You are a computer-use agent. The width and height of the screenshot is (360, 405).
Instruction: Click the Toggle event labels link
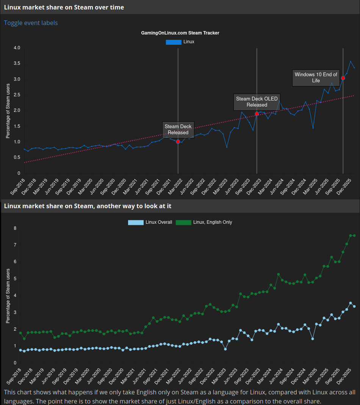pyautogui.click(x=31, y=23)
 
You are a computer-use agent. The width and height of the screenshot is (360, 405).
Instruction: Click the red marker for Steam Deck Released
pyautogui.click(x=178, y=141)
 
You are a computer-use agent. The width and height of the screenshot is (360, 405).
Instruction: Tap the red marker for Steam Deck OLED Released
pyautogui.click(x=257, y=114)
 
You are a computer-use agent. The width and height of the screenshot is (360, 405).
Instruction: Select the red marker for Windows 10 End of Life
pyautogui.click(x=343, y=78)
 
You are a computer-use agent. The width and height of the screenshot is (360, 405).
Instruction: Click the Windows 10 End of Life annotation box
pyautogui.click(x=316, y=77)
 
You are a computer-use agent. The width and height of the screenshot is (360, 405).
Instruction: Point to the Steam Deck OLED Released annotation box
pyautogui.click(x=257, y=102)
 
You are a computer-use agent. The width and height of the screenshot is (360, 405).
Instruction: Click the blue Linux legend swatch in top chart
pyautogui.click(x=174, y=42)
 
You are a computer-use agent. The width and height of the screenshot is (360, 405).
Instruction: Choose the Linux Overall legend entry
pyautogui.click(x=150, y=222)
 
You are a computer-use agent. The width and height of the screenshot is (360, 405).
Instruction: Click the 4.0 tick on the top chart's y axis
pyautogui.click(x=17, y=48)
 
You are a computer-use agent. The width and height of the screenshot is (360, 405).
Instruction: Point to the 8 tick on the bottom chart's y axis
pyautogui.click(x=15, y=228)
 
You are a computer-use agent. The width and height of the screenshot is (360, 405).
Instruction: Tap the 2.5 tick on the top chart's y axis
pyautogui.click(x=17, y=95)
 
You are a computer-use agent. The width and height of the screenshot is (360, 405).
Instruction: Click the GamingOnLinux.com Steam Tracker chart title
pyautogui.click(x=180, y=33)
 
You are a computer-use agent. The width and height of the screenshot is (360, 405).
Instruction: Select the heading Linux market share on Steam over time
pyautogui.click(x=64, y=7)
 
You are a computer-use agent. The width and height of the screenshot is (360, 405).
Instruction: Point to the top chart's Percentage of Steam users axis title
pyautogui.click(x=8, y=110)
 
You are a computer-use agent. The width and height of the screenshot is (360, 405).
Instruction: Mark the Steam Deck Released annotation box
pyautogui.click(x=178, y=129)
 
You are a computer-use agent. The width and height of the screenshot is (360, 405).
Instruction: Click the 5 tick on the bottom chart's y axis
pyautogui.click(x=15, y=279)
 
